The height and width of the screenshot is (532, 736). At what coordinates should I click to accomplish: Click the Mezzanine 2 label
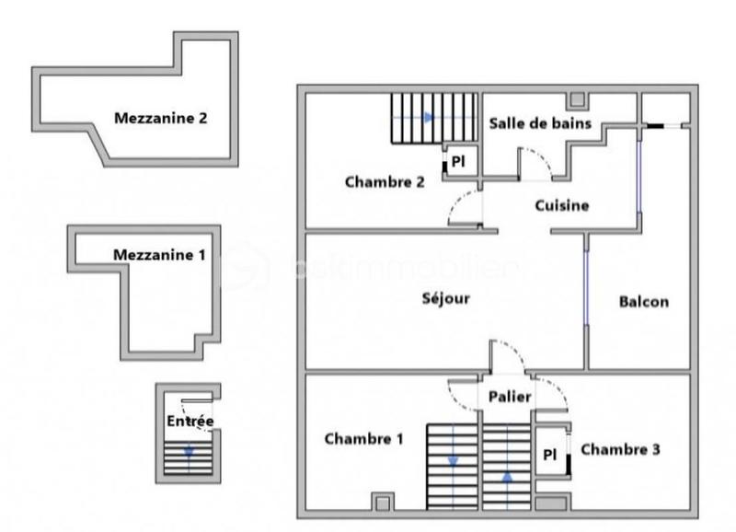coord(161,118)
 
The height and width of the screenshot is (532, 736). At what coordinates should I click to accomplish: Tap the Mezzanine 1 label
coord(159,254)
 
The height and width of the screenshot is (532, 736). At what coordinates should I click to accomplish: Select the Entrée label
coord(190,422)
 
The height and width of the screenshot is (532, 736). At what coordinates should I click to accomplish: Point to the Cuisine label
coord(561,205)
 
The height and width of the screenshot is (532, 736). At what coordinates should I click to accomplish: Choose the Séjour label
coord(446,298)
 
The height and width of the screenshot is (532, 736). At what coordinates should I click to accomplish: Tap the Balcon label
coord(643,301)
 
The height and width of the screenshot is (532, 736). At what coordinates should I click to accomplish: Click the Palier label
coord(510,397)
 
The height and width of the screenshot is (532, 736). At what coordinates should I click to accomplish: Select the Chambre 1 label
coord(364,439)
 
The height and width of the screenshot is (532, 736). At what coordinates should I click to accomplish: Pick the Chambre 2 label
coord(385,181)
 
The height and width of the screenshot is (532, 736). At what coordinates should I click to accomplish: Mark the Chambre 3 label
coord(620,450)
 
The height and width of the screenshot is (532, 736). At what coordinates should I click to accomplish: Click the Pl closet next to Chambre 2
coord(458,161)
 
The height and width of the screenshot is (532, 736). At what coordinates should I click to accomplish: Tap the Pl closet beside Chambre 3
coord(550,454)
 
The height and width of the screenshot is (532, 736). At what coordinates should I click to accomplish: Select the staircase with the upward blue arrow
coord(507,466)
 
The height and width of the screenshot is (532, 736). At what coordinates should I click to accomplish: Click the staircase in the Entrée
coord(189,457)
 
